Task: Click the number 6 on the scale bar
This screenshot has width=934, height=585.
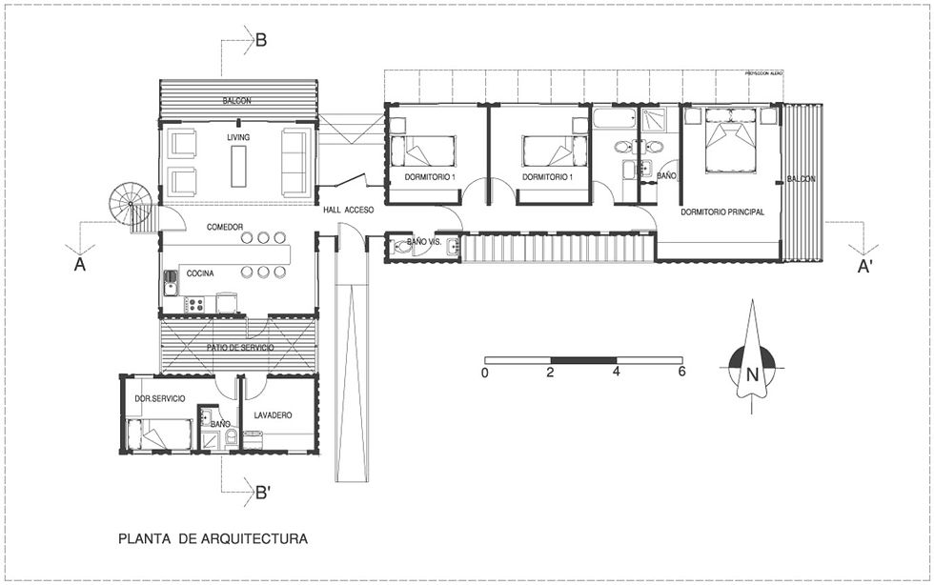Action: click(681, 373)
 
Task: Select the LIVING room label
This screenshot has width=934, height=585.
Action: click(238, 138)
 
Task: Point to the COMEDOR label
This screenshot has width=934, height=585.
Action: click(225, 227)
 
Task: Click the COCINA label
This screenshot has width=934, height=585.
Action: click(200, 273)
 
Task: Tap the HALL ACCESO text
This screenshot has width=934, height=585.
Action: click(348, 210)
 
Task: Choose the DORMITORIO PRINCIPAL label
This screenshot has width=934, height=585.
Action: click(722, 212)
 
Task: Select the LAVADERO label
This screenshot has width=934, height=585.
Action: click(273, 415)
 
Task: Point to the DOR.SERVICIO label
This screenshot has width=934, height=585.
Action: click(159, 397)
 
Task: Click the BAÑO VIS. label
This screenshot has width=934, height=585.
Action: click(423, 243)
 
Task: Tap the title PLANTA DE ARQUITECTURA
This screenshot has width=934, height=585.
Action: click(213, 538)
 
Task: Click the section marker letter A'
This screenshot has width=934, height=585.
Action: click(865, 267)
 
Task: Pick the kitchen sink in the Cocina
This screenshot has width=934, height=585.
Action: click(171, 283)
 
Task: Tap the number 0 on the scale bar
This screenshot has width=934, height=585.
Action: click(485, 373)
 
